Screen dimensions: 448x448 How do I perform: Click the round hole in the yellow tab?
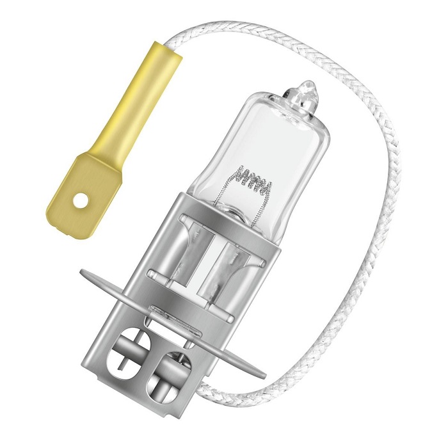coord(79,201)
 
